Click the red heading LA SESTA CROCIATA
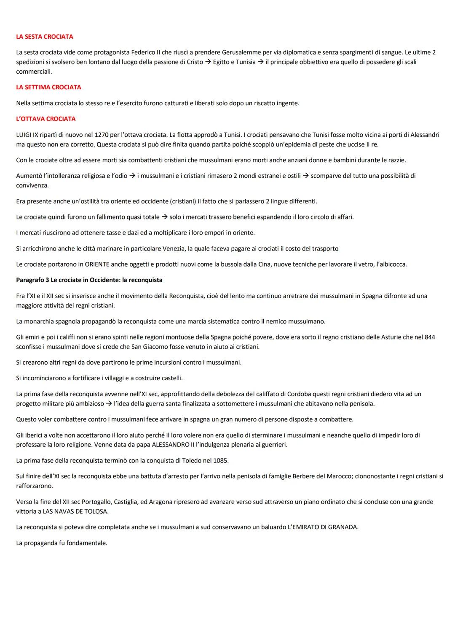pos(44,37)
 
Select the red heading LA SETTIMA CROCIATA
pos(48,87)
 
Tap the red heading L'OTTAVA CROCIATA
pos(45,119)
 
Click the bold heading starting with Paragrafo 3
pos(89,280)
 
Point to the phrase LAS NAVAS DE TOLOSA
pos(75,511)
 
